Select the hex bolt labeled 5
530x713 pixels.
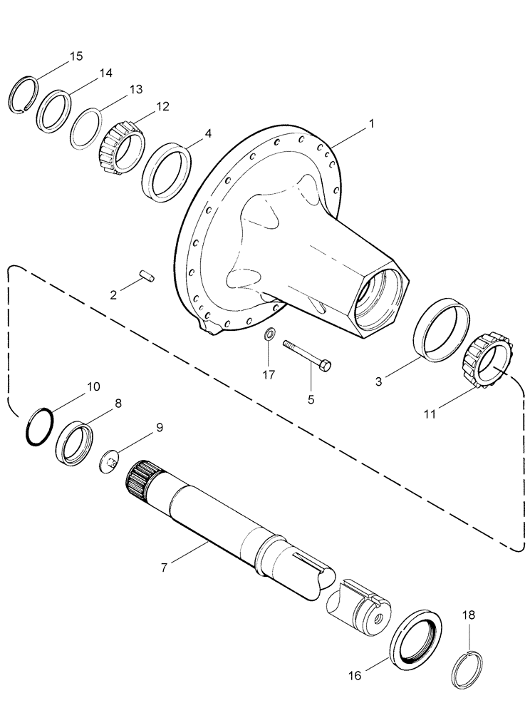pos(307,354)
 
